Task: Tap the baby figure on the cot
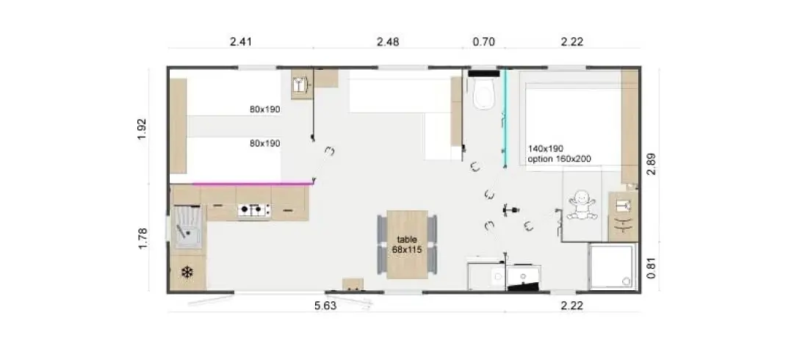tap(582, 205)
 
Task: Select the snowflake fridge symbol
tap(187, 272)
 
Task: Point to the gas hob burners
tap(254, 210)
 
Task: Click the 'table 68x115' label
tap(407, 244)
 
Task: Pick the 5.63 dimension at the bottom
tap(325, 306)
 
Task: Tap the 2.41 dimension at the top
tap(241, 42)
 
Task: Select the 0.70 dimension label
tap(484, 42)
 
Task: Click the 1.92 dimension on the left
tap(143, 129)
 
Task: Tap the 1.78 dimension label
tap(143, 238)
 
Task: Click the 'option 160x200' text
tap(559, 159)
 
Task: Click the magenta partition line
tap(253, 183)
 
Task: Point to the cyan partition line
tap(505, 118)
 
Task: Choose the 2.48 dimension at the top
tap(388, 42)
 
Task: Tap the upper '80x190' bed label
tap(265, 109)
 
